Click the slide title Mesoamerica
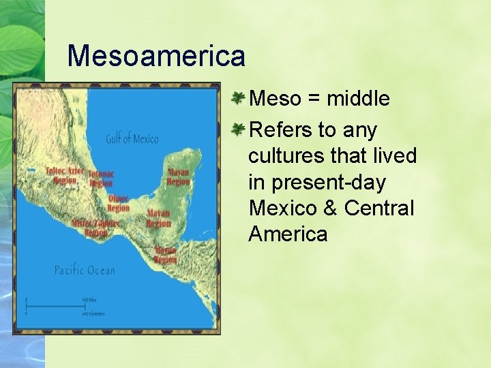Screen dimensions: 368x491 [156, 55]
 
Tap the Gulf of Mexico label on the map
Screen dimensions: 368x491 [132, 139]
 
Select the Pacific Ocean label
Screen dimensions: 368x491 [85, 271]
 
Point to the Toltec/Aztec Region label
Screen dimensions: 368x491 [65, 175]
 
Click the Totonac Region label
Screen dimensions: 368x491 [100, 179]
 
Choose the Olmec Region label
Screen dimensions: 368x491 [118, 203]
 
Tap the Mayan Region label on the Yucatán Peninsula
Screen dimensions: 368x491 [178, 177]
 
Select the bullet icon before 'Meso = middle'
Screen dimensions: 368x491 [238, 98]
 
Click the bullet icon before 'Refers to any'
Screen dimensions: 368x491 [238, 129]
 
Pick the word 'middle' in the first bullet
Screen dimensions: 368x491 [358, 99]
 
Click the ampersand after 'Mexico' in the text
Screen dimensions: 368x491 [331, 208]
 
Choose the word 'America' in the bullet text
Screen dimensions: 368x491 [288, 234]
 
